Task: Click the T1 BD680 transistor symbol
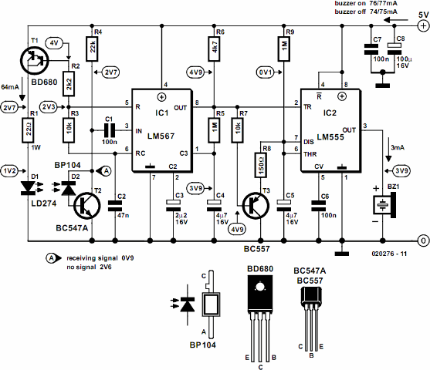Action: click(35, 61)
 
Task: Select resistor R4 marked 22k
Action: click(93, 49)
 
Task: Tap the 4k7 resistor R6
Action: click(215, 49)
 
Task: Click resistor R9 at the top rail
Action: click(284, 49)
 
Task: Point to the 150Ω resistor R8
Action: click(261, 165)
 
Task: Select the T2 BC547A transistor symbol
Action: click(87, 206)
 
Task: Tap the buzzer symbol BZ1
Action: click(384, 205)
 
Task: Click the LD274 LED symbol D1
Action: click(28, 188)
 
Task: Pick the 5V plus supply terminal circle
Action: click(423, 25)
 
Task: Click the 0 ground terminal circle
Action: click(423, 240)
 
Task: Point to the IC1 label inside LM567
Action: click(162, 113)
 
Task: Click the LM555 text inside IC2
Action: click(330, 137)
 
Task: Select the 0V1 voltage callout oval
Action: click(266, 72)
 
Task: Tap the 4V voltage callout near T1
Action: click(54, 43)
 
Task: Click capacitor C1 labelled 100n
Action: click(110, 130)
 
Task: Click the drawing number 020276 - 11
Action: click(389, 254)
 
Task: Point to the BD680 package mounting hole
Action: click(259, 287)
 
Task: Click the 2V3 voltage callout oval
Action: click(49, 107)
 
